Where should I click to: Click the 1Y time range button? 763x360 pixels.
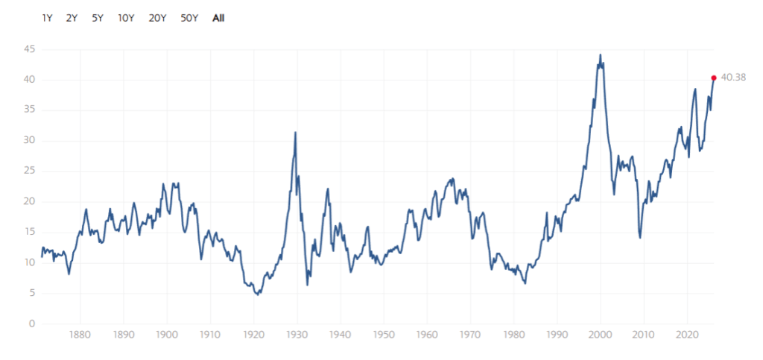point(48,18)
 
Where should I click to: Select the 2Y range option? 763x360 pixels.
point(72,18)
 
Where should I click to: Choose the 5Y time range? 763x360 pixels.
point(97,18)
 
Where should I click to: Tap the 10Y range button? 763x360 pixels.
point(126,18)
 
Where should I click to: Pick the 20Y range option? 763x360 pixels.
point(157,18)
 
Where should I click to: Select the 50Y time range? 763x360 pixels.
point(189,18)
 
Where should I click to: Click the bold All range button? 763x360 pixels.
point(218,18)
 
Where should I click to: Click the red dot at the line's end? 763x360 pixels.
point(714,78)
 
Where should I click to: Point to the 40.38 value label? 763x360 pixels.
point(734,78)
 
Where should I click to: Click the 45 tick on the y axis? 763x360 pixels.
point(31,49)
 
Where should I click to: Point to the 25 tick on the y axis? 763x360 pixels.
point(31,171)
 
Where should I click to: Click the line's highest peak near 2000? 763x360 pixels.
point(601,54)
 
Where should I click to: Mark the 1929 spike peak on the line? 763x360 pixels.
point(296,133)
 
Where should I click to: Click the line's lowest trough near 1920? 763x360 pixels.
point(257,295)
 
